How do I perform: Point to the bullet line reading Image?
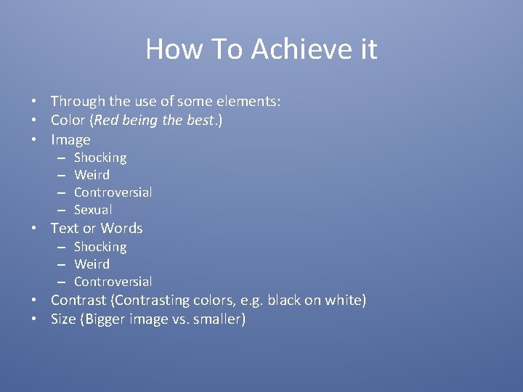(70, 140)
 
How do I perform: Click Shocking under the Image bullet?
(100, 158)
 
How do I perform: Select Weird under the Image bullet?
(92, 175)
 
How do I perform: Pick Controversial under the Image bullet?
(113, 192)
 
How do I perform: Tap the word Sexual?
(93, 210)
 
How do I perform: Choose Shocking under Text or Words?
(100, 247)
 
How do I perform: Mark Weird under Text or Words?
(92, 264)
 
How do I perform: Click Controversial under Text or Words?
(113, 282)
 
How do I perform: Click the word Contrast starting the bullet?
(78, 301)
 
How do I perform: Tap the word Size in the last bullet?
(63, 319)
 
